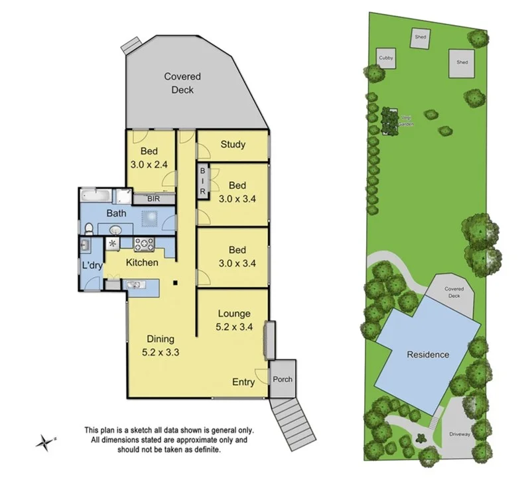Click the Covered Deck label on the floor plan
click(x=182, y=83)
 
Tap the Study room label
click(x=233, y=145)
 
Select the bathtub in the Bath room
click(x=97, y=196)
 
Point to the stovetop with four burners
click(x=144, y=244)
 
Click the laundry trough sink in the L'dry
click(x=84, y=246)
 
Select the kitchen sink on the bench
click(x=133, y=285)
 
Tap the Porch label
click(x=282, y=379)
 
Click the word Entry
click(x=243, y=382)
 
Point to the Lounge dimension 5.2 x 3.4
click(x=233, y=326)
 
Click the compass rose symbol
click(x=44, y=441)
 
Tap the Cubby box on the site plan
click(x=386, y=58)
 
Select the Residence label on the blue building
click(x=428, y=354)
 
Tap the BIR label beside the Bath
click(x=153, y=198)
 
